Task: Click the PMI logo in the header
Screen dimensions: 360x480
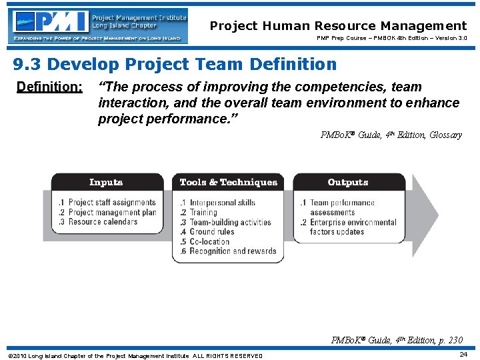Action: pos(97,26)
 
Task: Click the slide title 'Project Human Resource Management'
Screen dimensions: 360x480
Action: pos(338,26)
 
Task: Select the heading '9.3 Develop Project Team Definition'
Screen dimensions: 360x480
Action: pos(175,65)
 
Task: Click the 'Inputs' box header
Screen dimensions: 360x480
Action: pos(106,182)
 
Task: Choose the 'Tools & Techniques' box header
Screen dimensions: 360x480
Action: pos(228,182)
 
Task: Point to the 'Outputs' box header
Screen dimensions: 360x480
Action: pos(347,182)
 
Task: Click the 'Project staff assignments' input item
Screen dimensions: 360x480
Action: pos(111,203)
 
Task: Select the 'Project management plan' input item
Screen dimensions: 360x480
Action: pos(111,212)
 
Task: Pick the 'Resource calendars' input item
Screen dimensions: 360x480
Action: pos(103,222)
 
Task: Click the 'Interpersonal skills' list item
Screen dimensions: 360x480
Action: pos(222,203)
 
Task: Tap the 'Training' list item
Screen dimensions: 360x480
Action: pos(203,213)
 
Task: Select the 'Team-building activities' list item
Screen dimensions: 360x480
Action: pos(230,222)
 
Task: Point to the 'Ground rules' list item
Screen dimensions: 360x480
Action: pos(211,232)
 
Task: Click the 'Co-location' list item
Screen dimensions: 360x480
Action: pos(209,242)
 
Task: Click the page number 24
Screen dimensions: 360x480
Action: pos(463,355)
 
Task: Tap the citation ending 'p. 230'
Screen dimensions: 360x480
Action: pos(397,341)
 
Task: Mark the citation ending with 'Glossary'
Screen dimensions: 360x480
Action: pos(391,135)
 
